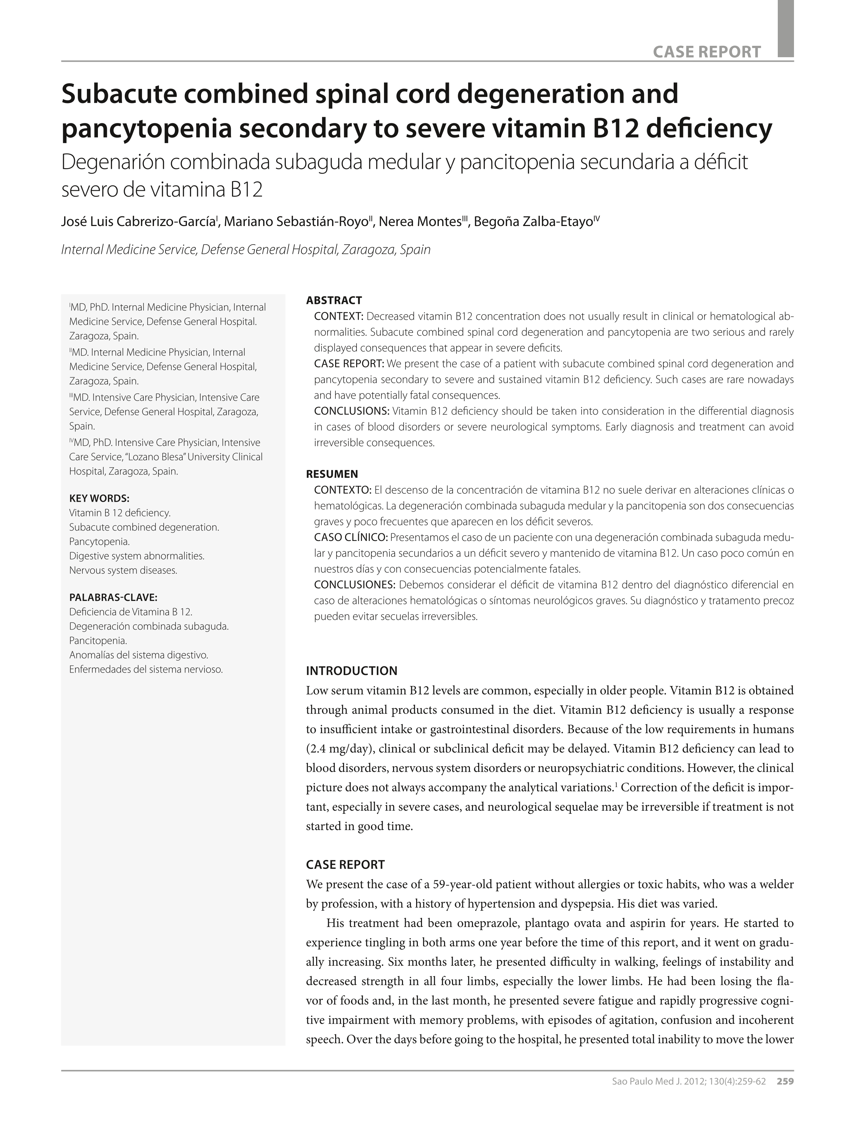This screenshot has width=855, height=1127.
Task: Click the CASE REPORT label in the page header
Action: [x=707, y=51]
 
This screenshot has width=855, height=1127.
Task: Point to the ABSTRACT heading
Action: [x=334, y=300]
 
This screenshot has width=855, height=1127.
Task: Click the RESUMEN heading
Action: [x=332, y=474]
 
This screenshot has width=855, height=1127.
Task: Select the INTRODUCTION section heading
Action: [x=351, y=670]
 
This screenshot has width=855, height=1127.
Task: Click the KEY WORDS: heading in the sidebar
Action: [x=99, y=498]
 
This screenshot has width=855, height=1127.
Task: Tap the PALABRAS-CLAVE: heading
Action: [x=113, y=597]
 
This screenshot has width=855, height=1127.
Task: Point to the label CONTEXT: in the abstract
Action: [x=339, y=316]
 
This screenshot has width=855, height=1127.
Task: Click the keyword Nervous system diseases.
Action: [x=123, y=570]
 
